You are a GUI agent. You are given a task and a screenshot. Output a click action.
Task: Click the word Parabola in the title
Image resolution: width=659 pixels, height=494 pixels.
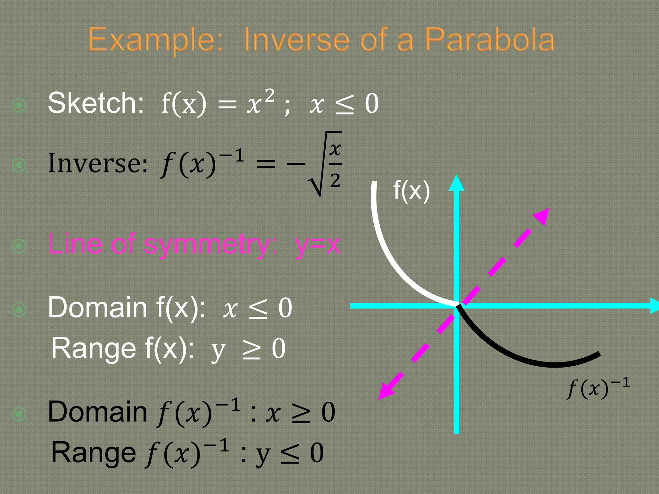coord(489,40)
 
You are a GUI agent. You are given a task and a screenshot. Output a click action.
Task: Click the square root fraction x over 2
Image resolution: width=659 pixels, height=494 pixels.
coord(335,164)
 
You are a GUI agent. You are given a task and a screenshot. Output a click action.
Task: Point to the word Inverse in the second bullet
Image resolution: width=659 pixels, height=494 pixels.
coord(98,163)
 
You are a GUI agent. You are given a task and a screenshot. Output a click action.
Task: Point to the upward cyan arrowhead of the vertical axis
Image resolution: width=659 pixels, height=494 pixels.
coord(456,183)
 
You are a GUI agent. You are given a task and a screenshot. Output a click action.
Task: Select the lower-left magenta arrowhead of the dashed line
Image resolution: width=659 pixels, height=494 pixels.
coord(385,392)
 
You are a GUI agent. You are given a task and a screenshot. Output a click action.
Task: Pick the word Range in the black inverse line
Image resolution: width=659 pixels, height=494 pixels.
coord(93,452)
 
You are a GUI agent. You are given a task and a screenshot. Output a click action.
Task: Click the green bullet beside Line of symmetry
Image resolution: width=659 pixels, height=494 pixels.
coord(19,246)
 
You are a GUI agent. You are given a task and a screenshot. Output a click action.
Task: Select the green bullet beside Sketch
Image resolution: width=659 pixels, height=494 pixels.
coord(19,105)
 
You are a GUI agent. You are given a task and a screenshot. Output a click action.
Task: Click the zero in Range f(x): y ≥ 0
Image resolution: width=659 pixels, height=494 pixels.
coord(278,349)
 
